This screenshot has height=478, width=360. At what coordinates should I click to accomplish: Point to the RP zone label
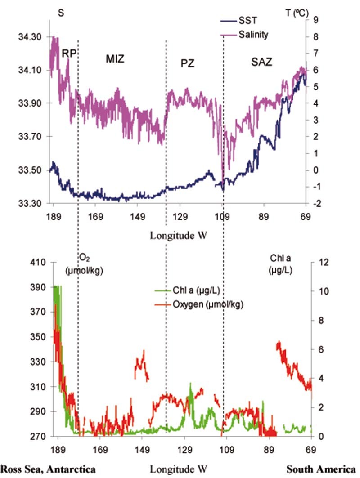click(x=69, y=53)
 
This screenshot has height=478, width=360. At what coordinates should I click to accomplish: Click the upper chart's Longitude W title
click(x=178, y=235)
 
